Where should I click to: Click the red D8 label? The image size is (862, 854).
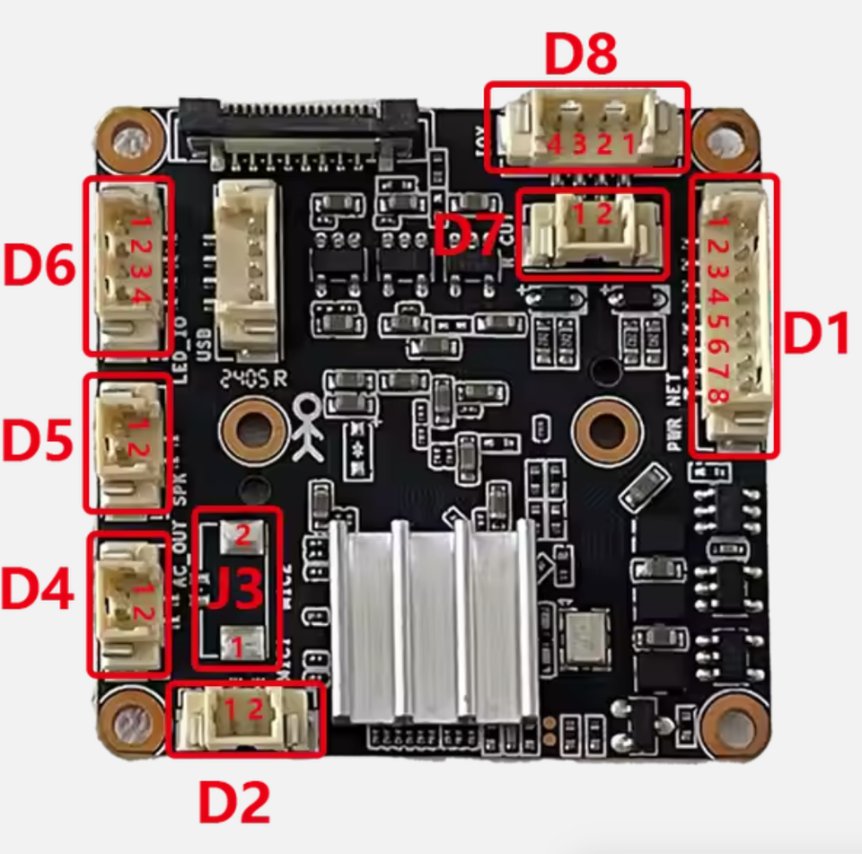(x=582, y=57)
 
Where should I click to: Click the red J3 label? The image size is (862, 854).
(x=235, y=590)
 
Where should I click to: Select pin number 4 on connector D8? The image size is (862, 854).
(x=555, y=144)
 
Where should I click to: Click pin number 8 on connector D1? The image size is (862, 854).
(x=717, y=395)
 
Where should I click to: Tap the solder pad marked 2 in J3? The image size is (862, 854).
(x=242, y=534)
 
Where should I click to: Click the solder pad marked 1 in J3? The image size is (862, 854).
(x=240, y=643)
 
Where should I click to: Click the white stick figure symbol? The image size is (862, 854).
(x=308, y=429)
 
